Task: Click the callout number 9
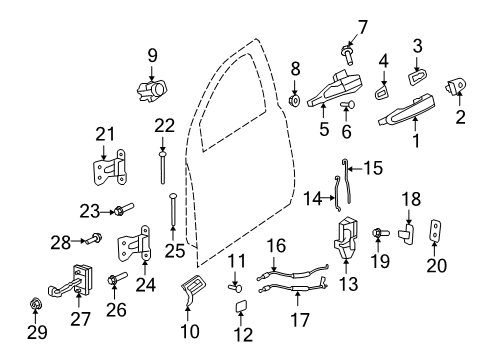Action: click(x=153, y=54)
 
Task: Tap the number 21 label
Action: click(x=105, y=134)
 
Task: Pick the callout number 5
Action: click(x=323, y=129)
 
